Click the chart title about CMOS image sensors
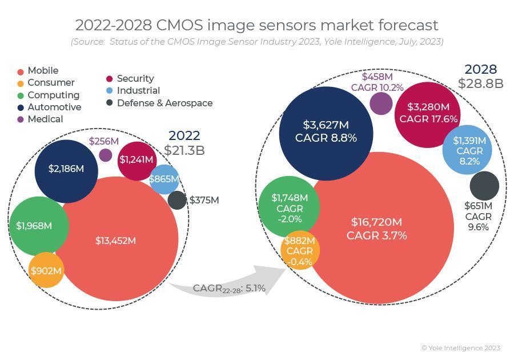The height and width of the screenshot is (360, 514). [x=256, y=25]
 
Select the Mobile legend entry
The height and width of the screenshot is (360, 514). [x=42, y=71]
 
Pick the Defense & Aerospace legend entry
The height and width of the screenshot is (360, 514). [x=164, y=103]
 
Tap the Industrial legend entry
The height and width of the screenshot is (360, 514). [x=138, y=91]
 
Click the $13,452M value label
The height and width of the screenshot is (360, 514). [x=115, y=241]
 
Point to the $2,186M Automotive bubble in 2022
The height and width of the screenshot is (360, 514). [x=66, y=170]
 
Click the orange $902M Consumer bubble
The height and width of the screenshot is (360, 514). [x=46, y=271]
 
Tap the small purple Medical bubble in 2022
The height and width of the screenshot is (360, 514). [x=106, y=155]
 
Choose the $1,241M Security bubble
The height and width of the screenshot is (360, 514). [x=136, y=160]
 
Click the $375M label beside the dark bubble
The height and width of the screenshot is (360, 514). [x=204, y=201]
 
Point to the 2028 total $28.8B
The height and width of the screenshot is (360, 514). [x=480, y=83]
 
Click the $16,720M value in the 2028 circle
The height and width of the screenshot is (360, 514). [x=376, y=222]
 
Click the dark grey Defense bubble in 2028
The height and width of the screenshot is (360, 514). [x=484, y=186]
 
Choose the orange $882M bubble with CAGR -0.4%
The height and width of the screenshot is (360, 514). [x=299, y=251]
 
